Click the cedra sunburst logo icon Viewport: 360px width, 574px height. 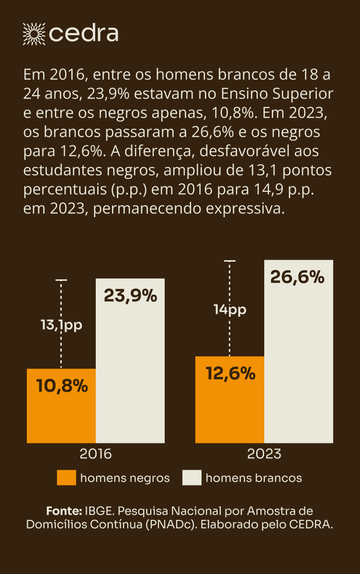point(34,33)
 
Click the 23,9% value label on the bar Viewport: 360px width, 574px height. point(130,296)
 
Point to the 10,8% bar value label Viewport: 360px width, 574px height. point(62,386)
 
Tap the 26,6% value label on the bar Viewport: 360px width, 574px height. point(297,277)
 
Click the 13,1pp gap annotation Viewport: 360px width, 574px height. point(61,325)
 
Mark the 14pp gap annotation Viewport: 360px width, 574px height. point(230,309)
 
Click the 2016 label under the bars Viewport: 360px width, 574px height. point(96,453)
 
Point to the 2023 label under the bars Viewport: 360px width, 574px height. point(264,453)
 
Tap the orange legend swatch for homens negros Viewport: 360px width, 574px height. point(67,478)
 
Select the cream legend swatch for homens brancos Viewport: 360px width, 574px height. point(192,478)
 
